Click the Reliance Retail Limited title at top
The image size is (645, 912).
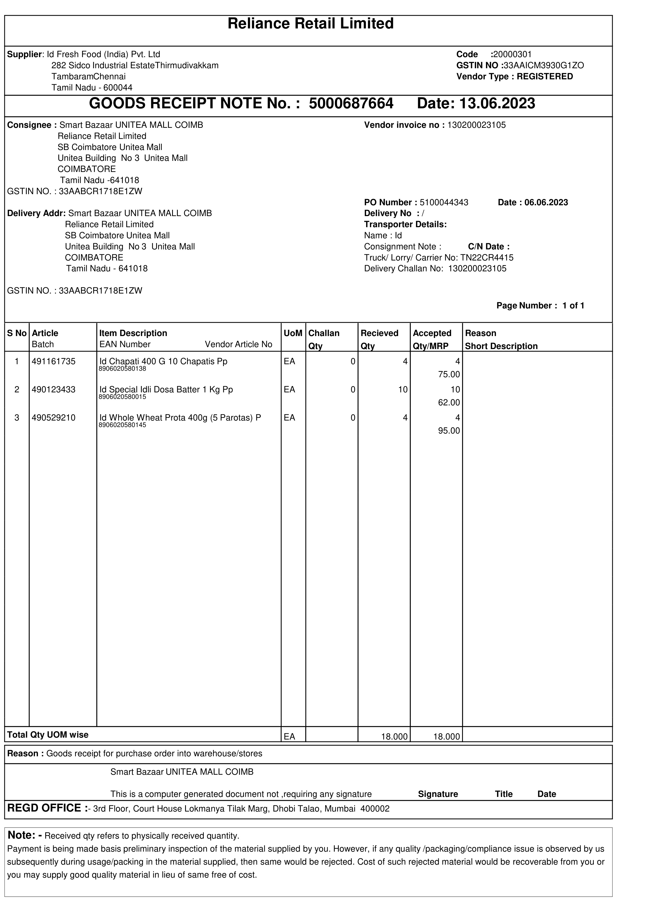pos(310,24)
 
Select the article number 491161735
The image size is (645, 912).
pos(54,361)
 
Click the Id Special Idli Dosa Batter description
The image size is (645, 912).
pos(166,390)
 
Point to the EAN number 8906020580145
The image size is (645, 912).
pos(122,425)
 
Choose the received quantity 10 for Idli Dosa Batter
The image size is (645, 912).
pos(402,390)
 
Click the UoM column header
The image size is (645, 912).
pos(293,333)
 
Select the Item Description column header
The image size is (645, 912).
pos(133,333)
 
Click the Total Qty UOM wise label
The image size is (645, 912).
pos(48,735)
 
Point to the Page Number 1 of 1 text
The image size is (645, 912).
pos(540,306)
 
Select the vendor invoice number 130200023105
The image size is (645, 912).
pos(476,126)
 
